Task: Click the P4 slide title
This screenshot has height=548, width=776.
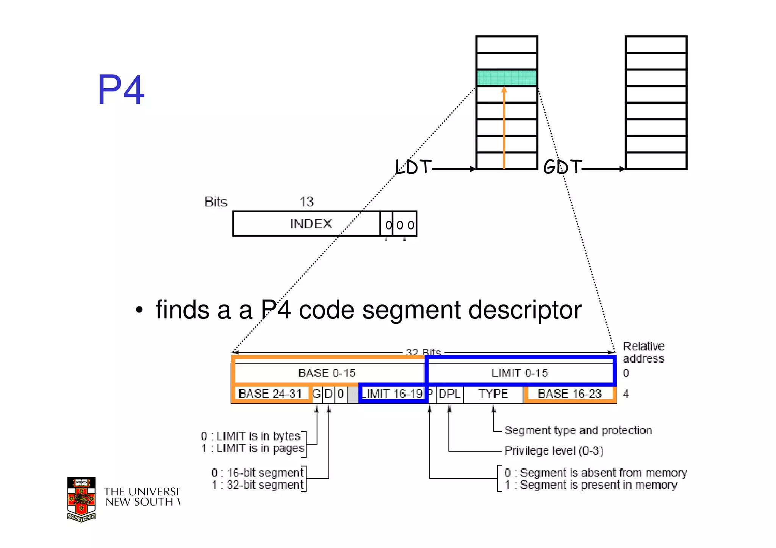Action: coord(121,90)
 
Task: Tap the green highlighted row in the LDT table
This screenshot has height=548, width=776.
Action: coord(507,78)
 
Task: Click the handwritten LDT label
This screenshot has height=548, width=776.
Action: coord(413,167)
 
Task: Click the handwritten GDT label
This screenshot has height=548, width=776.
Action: coord(562,167)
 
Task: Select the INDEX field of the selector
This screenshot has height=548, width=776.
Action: coord(311,224)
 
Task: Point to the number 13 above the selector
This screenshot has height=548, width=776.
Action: coord(307,201)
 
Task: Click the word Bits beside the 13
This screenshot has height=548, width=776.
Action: coord(216,202)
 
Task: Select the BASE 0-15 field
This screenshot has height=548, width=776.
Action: coord(327,373)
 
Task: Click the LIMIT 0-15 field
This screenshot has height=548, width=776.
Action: coord(519,373)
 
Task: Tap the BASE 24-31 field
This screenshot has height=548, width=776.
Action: coord(270,394)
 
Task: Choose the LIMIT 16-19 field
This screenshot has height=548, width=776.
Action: coord(392,394)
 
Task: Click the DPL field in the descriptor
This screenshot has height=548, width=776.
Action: coord(449,394)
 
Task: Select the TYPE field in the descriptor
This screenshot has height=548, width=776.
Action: coord(493,394)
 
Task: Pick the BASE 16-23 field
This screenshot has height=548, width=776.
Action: coord(569,394)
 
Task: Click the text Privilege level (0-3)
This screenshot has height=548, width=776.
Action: coord(554,451)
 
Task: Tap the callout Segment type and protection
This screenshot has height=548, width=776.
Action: coord(578,430)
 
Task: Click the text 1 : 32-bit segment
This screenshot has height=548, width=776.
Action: coord(258,485)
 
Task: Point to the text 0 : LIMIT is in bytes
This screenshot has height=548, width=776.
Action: coord(251,436)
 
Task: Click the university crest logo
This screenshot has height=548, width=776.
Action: coord(81,499)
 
